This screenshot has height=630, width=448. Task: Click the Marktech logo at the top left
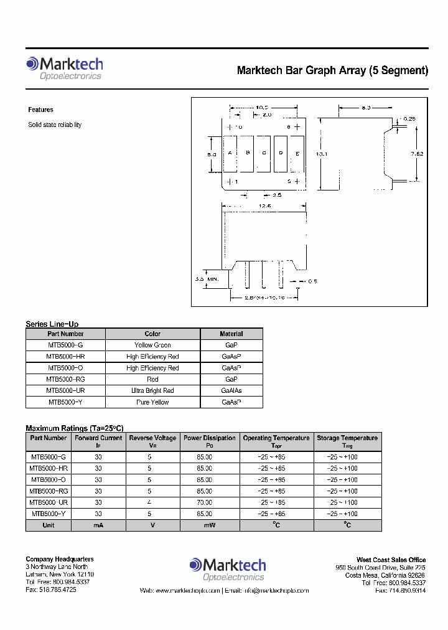pyautogui.click(x=64, y=68)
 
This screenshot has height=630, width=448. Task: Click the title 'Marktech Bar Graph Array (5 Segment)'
pyautogui.click(x=332, y=70)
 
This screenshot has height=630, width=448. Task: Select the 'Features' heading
pyautogui.click(x=41, y=110)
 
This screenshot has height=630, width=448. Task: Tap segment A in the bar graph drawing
pyautogui.click(x=230, y=154)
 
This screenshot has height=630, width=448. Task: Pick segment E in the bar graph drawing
pyautogui.click(x=297, y=154)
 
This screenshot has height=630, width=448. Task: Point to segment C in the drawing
pyautogui.click(x=264, y=154)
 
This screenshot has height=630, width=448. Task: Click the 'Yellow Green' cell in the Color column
pyautogui.click(x=152, y=345)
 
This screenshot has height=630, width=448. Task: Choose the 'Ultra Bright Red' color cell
pyautogui.click(x=152, y=390)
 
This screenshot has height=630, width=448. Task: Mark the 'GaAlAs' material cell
pyautogui.click(x=231, y=390)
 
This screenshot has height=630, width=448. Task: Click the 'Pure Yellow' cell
pyautogui.click(x=152, y=402)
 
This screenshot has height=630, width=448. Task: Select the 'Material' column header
pyautogui.click(x=231, y=334)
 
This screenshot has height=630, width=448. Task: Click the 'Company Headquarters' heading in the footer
pyautogui.click(x=60, y=559)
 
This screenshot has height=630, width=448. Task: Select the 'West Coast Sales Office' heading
pyautogui.click(x=391, y=560)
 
